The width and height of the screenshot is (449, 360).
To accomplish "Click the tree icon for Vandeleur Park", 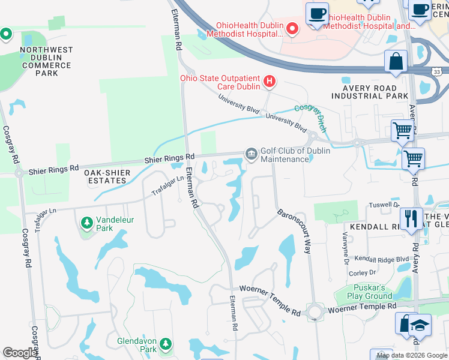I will coord(88,223).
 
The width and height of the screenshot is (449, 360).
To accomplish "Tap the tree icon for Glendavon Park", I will coord(164,344).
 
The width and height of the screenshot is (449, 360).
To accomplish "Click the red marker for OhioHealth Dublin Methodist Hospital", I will coord(292,28).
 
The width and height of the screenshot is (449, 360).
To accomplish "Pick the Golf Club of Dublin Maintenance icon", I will coord(250,155).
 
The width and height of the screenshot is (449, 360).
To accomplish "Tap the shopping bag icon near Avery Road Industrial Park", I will coord(396,61).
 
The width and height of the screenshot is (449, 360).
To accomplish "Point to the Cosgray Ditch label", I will coord(310,117).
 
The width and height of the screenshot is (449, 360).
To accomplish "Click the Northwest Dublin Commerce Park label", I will coord(47,61).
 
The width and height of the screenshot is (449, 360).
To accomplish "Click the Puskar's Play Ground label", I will coord(370,292).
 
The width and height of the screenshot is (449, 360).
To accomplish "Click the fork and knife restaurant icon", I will coord(411,218).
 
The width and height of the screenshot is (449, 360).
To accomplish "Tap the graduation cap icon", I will coord(421,324).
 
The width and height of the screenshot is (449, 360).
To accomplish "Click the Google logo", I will coord(20,353).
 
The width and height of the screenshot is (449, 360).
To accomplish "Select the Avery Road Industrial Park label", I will coord(370,91).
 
